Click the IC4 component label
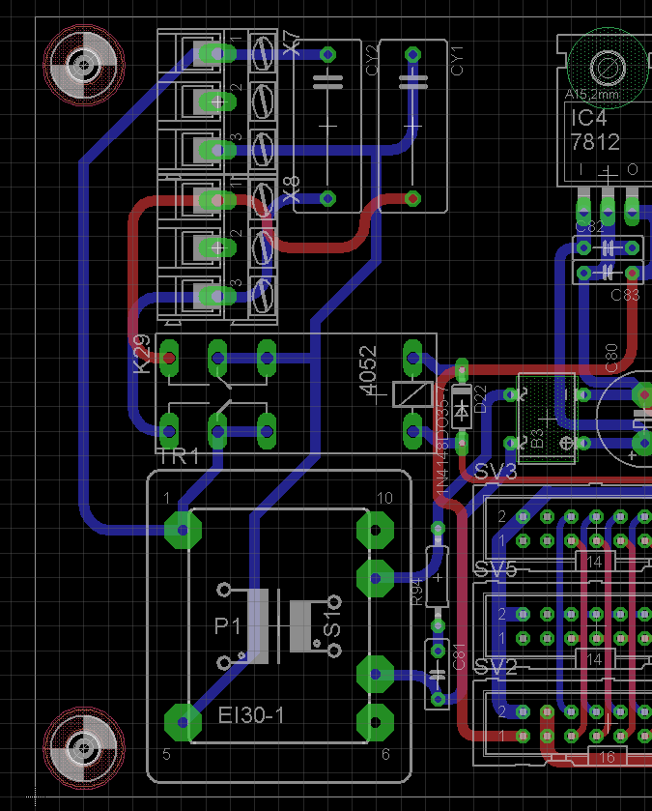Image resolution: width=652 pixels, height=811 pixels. [588, 119]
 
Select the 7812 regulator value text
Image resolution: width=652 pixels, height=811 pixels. [595, 142]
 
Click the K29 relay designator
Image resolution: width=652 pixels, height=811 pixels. [141, 354]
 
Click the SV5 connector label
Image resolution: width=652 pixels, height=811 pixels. [496, 569]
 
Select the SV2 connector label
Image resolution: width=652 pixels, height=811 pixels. [496, 667]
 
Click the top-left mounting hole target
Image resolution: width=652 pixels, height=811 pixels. [86, 67]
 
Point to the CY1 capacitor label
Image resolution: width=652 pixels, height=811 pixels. [457, 60]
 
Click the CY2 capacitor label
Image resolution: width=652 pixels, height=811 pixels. [372, 60]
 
